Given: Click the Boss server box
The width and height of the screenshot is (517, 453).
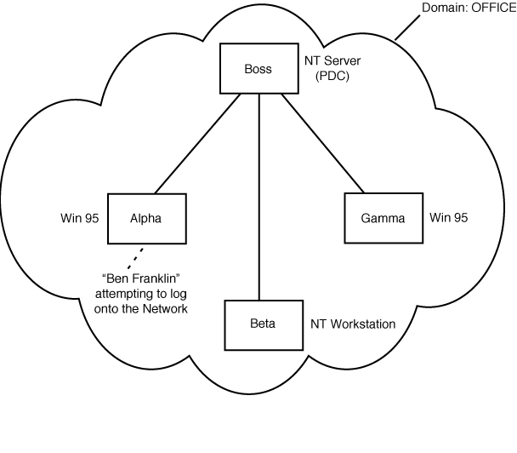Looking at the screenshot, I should point(258,69).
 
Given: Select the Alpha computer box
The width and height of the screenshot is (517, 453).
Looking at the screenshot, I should point(145,218).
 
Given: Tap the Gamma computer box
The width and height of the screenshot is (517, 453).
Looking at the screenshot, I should point(383,218).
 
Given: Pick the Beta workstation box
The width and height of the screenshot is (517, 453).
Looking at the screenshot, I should point(262,324).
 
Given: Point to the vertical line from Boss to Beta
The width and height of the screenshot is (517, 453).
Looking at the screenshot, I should point(258,196).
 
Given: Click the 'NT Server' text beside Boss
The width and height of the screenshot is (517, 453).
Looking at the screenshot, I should point(334,62).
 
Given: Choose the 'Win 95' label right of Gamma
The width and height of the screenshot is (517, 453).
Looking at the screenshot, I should point(449,217).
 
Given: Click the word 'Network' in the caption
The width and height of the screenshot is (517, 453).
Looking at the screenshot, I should point(165,308).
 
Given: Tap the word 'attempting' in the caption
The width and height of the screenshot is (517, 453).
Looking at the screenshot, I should point(125,294).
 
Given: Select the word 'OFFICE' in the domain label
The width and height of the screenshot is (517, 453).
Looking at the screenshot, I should point(492,8).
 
